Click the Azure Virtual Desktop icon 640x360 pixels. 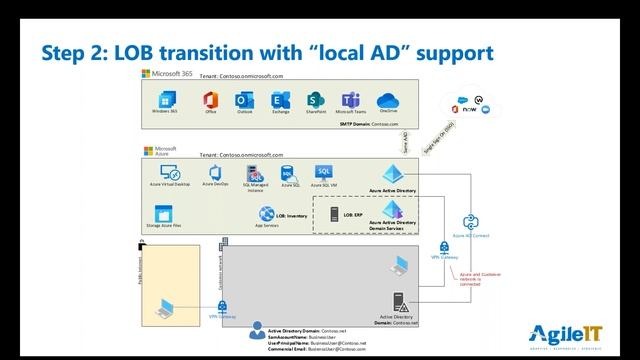168,171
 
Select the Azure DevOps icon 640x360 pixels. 215,171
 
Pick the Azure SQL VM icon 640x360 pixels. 323,172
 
